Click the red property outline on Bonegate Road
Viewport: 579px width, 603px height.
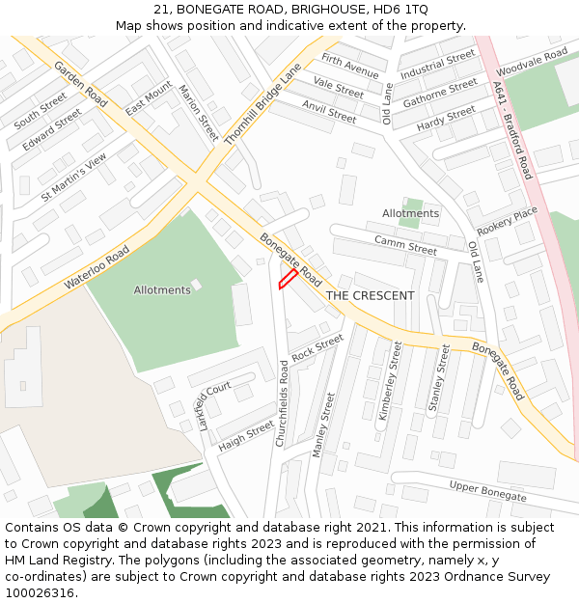(x=288, y=279)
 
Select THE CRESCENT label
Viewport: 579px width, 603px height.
(x=370, y=295)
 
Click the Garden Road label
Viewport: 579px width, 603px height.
(x=81, y=84)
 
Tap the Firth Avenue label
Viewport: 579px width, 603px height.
(x=350, y=66)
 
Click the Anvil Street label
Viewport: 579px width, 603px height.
(x=328, y=111)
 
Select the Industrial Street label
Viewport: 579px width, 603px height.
(x=438, y=65)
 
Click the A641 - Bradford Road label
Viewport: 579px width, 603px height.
(x=511, y=129)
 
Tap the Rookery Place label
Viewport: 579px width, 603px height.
(x=508, y=221)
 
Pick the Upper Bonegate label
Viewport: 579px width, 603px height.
(x=488, y=490)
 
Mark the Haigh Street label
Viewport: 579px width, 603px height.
(x=246, y=434)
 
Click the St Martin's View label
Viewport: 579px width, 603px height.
(x=74, y=178)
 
